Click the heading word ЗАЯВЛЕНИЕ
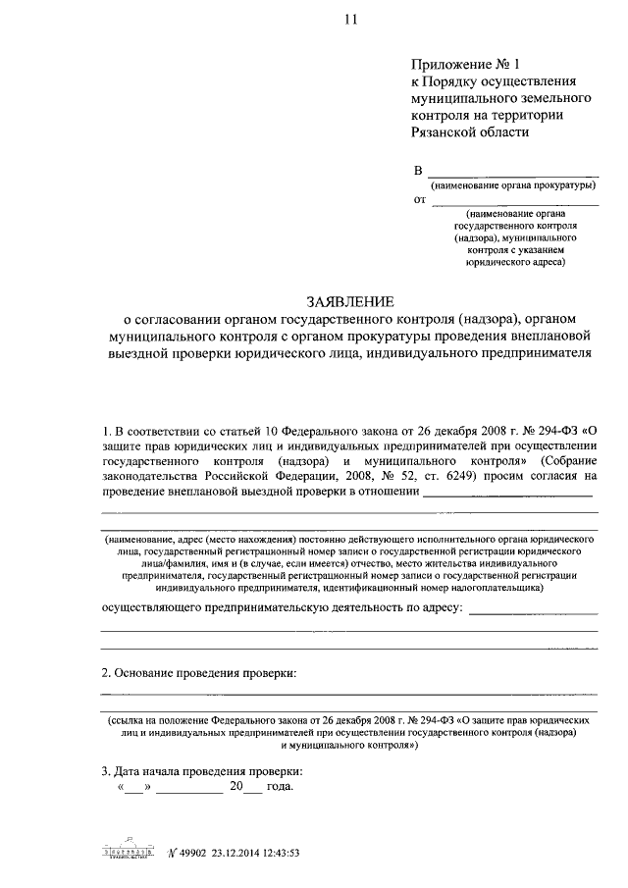(x=350, y=301)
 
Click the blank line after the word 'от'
(x=515, y=202)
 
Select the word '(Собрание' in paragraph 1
(x=561, y=461)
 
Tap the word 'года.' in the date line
(x=280, y=787)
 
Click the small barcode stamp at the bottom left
(x=129, y=852)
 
